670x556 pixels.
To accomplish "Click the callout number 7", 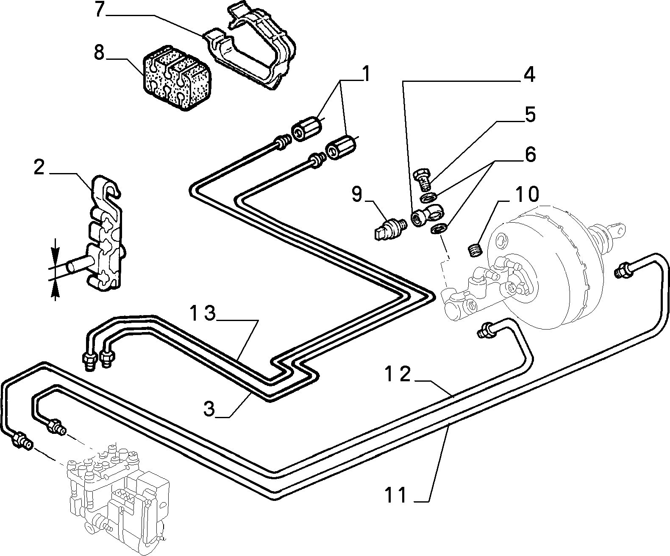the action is pyautogui.click(x=100, y=10).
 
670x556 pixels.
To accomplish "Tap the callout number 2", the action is pyautogui.click(x=39, y=168).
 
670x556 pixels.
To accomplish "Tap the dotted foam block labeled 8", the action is pyautogui.click(x=177, y=82).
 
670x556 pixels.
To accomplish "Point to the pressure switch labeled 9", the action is pyautogui.click(x=391, y=228).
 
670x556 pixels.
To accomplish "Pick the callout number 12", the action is pyautogui.click(x=398, y=374).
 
